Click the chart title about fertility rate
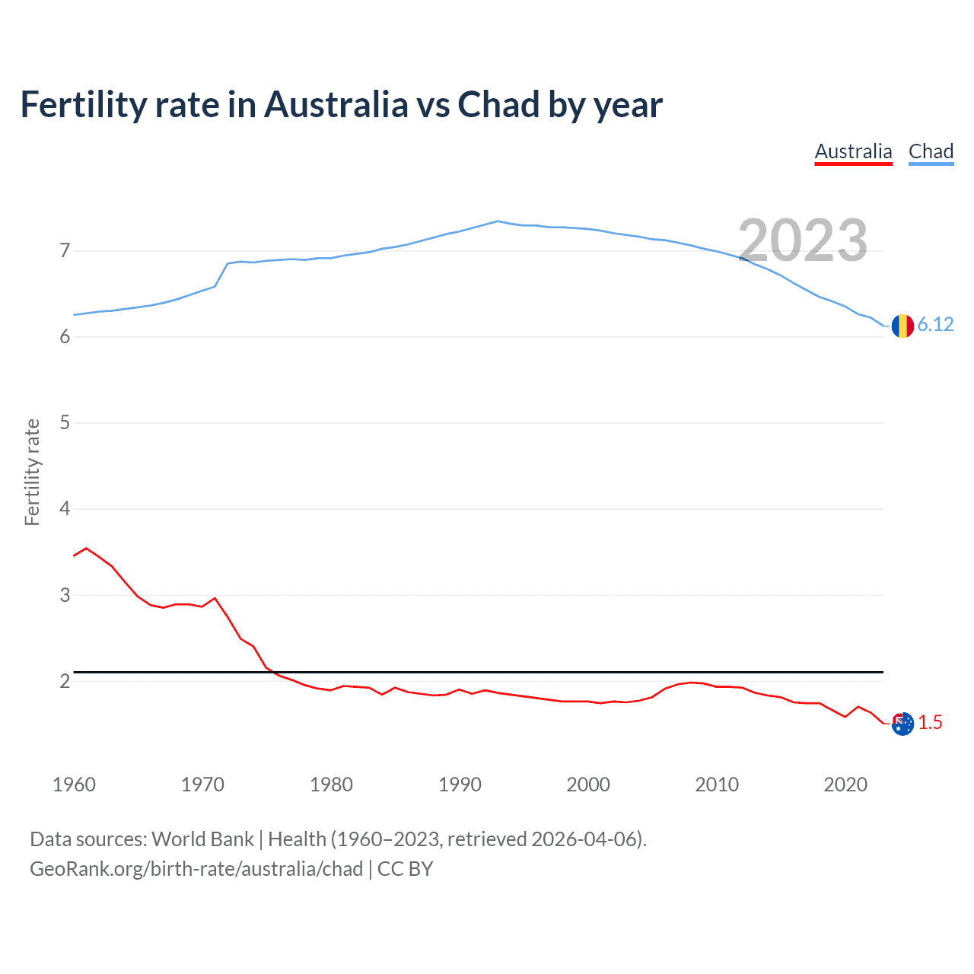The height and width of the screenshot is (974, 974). [341, 105]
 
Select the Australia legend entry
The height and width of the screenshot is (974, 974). [853, 151]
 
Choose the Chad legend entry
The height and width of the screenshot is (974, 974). [931, 151]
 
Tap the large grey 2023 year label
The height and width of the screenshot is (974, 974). [803, 240]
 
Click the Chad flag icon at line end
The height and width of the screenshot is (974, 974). [902, 326]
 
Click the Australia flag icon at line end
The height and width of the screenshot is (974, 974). [902, 724]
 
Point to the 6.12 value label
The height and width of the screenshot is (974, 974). [935, 325]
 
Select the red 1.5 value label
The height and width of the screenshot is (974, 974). [930, 723]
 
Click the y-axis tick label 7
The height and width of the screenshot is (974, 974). [65, 250]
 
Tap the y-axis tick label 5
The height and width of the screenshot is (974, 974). [65, 422]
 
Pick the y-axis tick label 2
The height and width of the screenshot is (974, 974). [65, 681]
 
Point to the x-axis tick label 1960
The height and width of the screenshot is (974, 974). [74, 785]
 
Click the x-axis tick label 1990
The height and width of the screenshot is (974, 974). [460, 785]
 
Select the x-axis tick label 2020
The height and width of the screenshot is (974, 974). [845, 785]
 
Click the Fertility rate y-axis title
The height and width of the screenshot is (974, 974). [32, 472]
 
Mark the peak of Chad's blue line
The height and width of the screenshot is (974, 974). [498, 221]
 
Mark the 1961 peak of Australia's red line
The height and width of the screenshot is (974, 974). [86, 548]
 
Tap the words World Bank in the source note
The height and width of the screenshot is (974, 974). [202, 839]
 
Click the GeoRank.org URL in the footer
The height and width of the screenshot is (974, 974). [196, 869]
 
